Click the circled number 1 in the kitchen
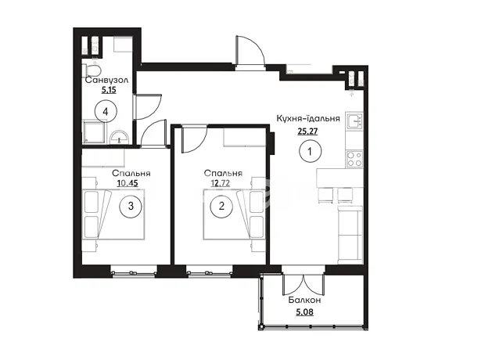311,151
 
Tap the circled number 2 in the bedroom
221,206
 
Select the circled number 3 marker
131,206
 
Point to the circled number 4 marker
106,112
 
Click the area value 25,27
307,131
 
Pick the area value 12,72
221,184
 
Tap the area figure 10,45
128,184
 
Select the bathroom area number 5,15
109,90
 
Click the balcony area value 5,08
304,312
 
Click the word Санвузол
106,81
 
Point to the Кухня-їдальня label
308,118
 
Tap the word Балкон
304,301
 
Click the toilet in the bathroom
92,70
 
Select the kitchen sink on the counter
354,121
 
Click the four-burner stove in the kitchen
354,159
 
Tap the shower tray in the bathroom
94,132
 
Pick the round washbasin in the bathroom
119,137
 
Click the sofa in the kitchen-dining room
350,236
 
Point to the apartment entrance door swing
250,51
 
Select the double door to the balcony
304,284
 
